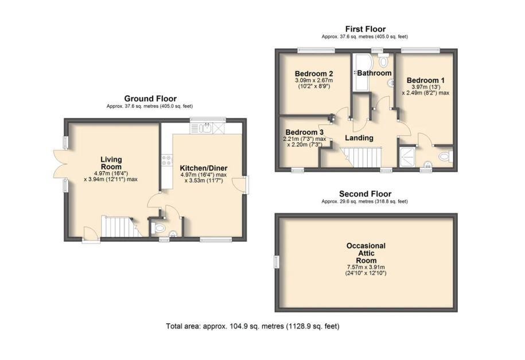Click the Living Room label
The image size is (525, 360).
pos(111,163)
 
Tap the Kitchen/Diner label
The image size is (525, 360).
pos(204,168)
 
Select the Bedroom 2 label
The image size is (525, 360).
pos(314,73)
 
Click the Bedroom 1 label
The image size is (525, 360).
pos(426,80)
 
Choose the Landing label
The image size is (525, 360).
pos(359,138)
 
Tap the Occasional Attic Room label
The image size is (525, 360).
pos(365,253)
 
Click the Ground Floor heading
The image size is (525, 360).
pos(150,99)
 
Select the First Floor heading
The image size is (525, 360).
pos(365,29)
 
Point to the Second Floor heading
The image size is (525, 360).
pos(365,193)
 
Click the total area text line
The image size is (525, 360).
pos(253,326)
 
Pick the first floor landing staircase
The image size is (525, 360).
pos(361,157)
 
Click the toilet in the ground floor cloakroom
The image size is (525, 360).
pos(158,229)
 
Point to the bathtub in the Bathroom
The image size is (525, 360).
pos(361,72)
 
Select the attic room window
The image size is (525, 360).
pos(277,262)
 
